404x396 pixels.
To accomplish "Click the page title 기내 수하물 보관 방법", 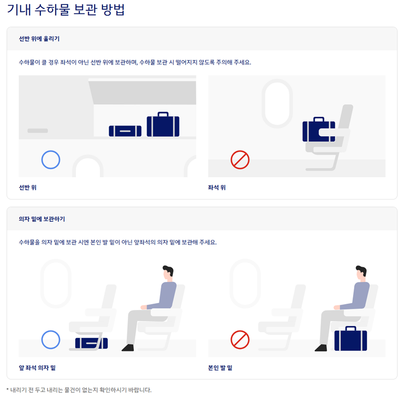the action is [x=66, y=10].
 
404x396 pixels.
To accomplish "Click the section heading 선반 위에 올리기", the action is [x=39, y=39].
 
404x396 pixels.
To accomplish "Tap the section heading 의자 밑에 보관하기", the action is [x=42, y=219].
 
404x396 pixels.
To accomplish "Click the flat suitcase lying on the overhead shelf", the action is [x=125, y=131].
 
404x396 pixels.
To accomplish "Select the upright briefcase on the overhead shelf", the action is [x=163, y=124].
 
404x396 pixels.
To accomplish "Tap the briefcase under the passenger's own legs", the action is [x=350, y=338].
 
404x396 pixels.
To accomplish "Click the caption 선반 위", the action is [x=28, y=187].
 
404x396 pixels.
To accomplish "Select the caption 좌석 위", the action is [x=217, y=187].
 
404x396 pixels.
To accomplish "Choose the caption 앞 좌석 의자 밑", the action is [x=37, y=368].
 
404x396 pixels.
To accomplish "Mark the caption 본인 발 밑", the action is [x=220, y=368].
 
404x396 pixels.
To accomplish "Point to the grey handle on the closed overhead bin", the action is [x=37, y=131].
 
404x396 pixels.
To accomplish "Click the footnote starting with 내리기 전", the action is [x=79, y=390].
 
